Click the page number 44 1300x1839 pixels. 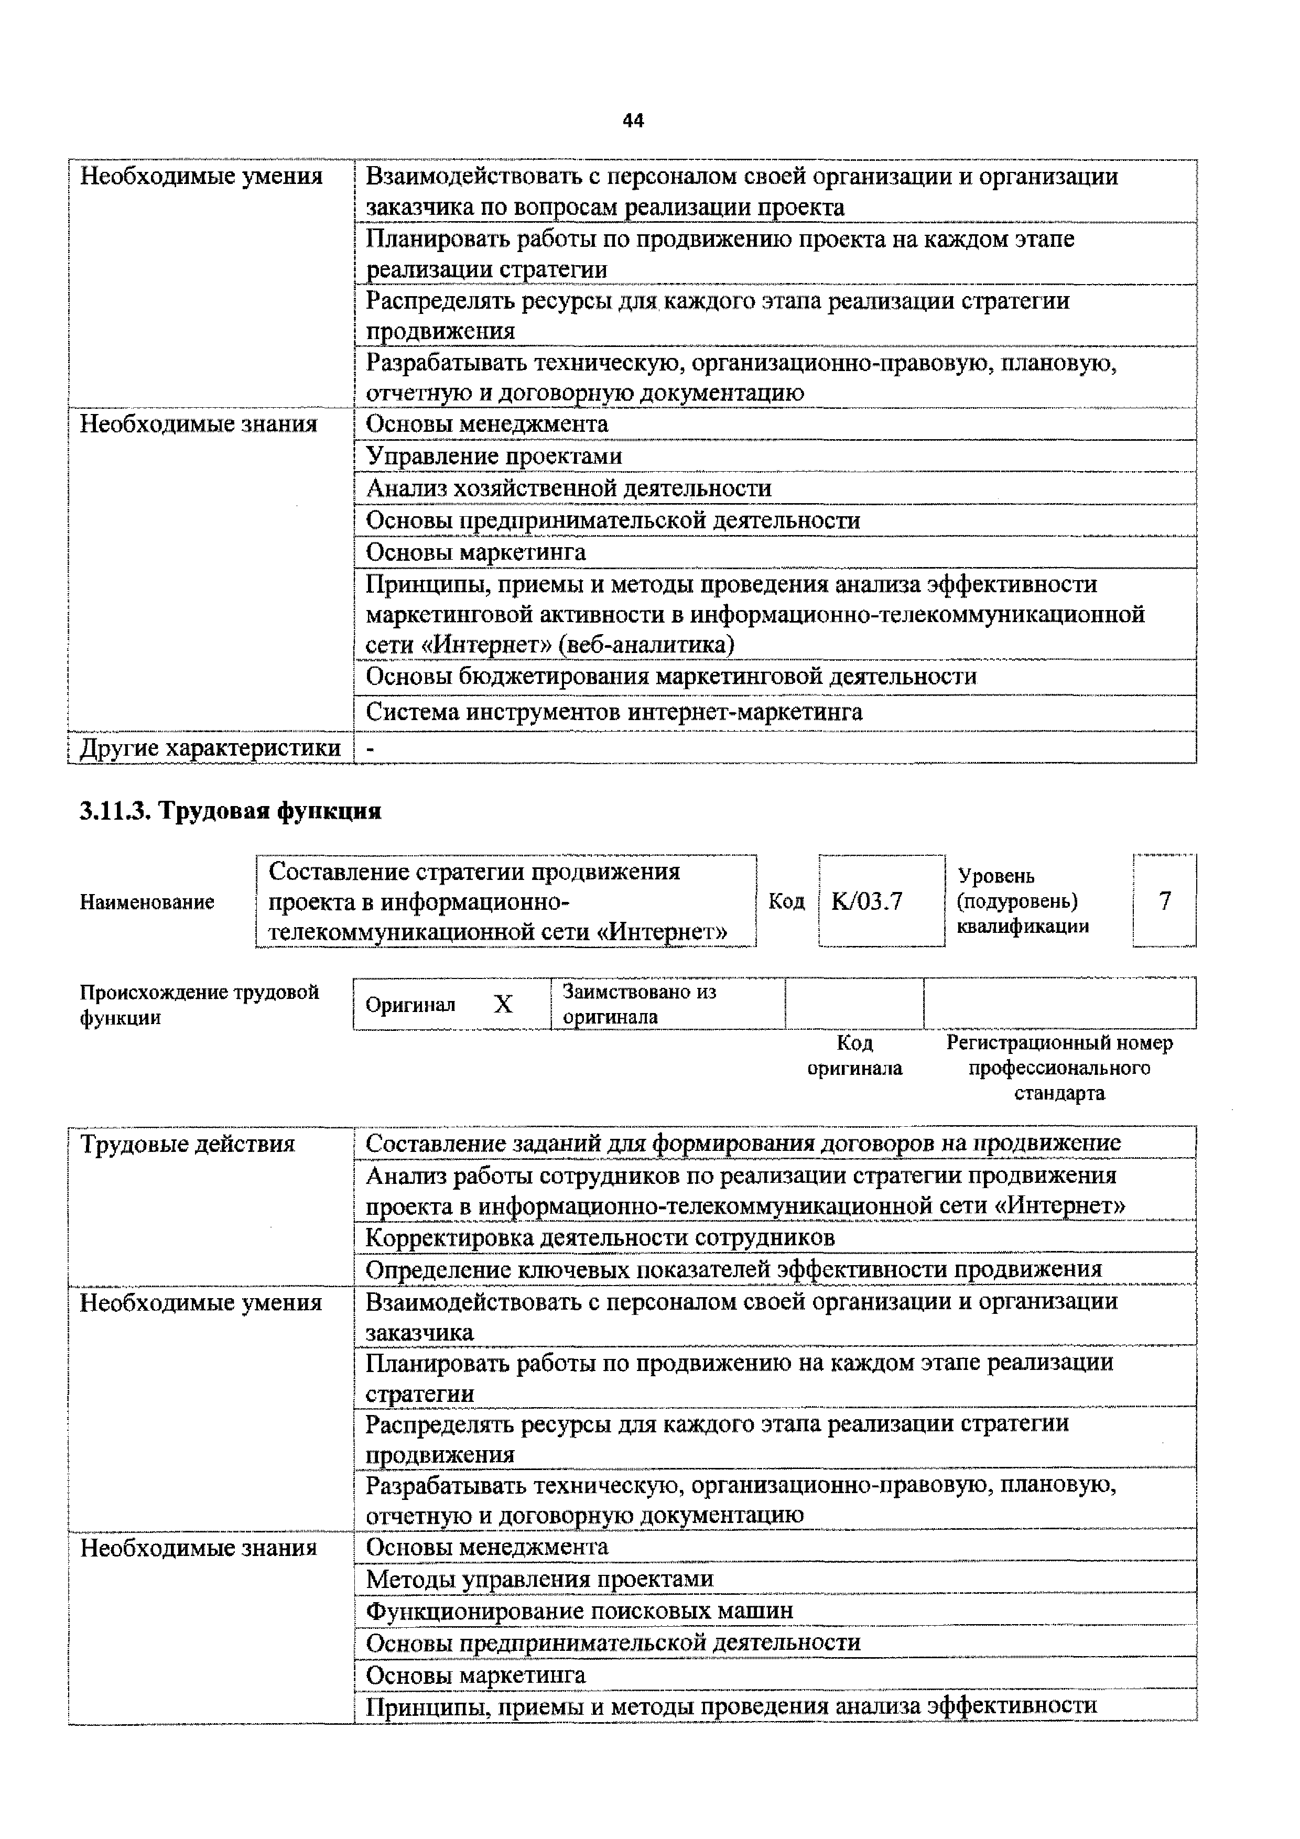coord(633,121)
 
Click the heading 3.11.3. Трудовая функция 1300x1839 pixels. coord(231,811)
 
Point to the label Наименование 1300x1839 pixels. coord(147,902)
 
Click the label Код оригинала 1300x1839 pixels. coord(854,1055)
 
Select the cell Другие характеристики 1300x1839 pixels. coord(211,748)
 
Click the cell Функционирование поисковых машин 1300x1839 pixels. coord(579,1610)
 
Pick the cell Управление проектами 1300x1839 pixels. coord(493,456)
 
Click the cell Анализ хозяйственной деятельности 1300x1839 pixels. coord(569,488)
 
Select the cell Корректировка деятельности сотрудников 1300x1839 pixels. coord(600,1237)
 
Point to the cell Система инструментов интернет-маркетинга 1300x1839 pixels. coord(613,712)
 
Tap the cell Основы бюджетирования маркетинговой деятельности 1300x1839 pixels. coord(671,677)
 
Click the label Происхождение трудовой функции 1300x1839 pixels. coord(199,1005)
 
